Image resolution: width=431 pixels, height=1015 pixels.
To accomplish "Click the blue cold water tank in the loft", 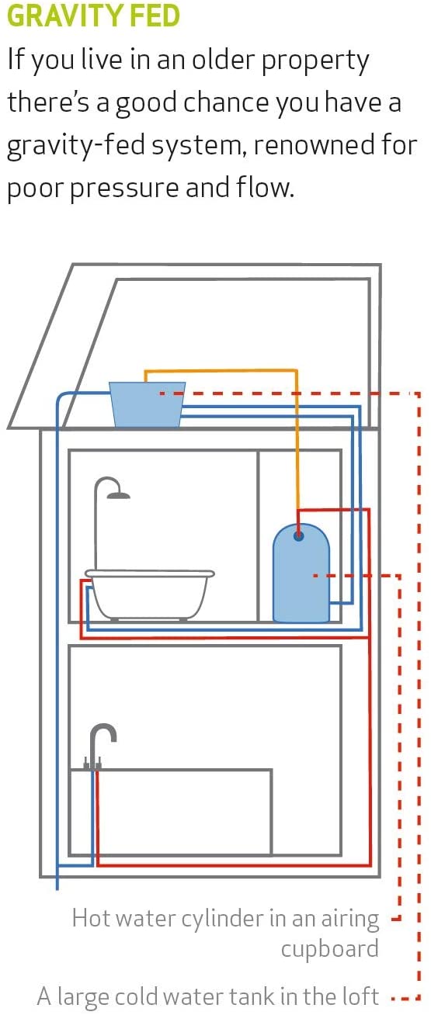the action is [147, 404].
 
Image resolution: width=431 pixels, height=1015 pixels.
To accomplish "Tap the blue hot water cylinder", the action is [301, 573].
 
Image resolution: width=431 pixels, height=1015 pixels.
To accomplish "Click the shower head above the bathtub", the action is [118, 495].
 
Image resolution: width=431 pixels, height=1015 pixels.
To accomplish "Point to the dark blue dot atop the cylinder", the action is [298, 536].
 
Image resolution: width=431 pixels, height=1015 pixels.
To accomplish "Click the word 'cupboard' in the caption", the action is [330, 949].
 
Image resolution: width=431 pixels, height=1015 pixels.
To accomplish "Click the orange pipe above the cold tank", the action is [221, 371].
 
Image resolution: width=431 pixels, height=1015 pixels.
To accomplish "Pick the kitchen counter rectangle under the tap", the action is [172, 812].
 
